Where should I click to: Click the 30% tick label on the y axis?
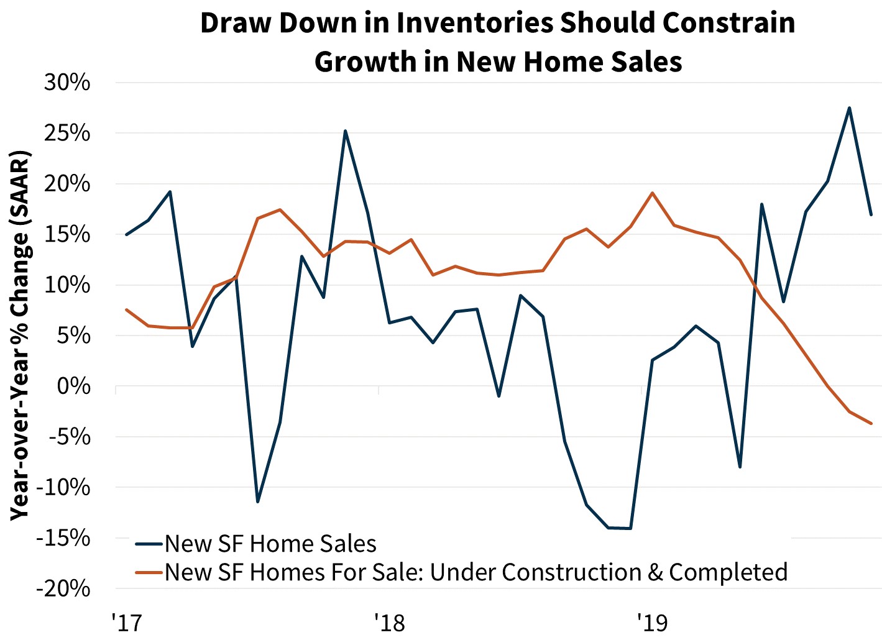pos(67,83)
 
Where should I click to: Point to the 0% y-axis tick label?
pos(73,386)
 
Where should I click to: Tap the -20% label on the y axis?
pos(63,588)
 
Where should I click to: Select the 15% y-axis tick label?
pos(67,235)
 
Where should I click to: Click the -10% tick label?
pos(63,487)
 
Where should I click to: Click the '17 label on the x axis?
pos(127,621)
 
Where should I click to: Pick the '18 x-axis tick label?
pos(389,621)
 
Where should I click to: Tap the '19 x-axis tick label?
pos(652,621)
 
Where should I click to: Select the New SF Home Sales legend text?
pos(270,544)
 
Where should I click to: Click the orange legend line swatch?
pos(149,572)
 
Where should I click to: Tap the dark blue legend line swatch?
pos(149,544)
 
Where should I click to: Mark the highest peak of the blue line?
pos(849,108)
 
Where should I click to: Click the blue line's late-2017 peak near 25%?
pos(345,131)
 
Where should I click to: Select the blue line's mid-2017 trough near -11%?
pos(257,501)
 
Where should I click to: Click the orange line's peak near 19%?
pos(652,193)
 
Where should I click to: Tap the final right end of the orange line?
pos(871,423)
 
